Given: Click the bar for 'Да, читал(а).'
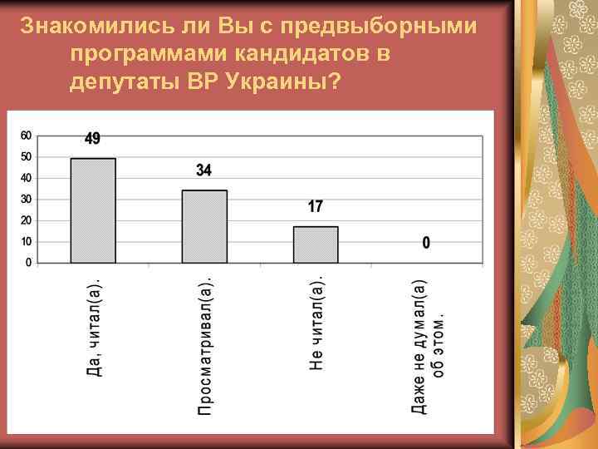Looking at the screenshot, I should [x=93, y=210].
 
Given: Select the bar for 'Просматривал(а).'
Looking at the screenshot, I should [x=204, y=226].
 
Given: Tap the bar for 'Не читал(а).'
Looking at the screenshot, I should [x=316, y=244].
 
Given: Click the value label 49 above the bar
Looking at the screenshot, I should [x=93, y=139].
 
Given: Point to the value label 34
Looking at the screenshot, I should [x=203, y=170].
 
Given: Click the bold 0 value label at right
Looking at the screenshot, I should [x=426, y=244].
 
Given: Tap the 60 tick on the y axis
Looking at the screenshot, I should [x=26, y=136].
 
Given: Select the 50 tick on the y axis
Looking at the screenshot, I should [x=26, y=157].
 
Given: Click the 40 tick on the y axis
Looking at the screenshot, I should [x=26, y=178].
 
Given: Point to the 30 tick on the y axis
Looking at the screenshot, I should [x=26, y=200].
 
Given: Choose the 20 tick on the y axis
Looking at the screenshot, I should [x=26, y=220].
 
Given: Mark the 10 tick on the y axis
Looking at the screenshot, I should [x=26, y=242].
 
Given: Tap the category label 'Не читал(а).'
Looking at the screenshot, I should [x=316, y=317].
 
